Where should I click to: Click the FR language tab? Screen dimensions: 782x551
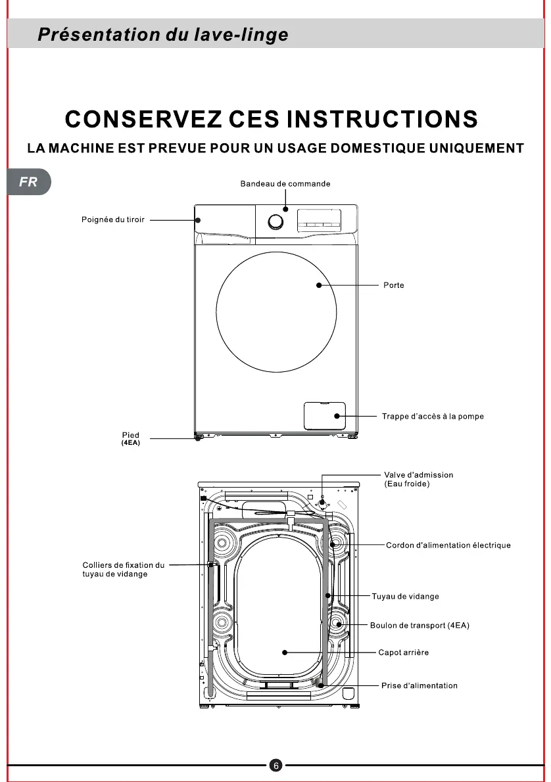point(28,182)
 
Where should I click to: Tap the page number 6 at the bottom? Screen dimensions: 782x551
point(276,766)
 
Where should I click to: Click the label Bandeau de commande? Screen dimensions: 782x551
point(285,184)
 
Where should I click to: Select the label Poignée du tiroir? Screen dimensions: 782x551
point(113,219)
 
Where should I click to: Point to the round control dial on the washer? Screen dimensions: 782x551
point(276,223)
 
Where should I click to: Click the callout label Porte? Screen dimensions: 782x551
point(394,285)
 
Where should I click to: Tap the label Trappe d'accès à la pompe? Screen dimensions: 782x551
point(433,417)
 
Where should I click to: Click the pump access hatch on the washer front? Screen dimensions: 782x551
point(324,415)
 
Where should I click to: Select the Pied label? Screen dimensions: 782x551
point(131,435)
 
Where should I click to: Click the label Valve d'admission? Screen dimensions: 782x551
point(418,475)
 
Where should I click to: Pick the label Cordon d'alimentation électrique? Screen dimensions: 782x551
point(448,545)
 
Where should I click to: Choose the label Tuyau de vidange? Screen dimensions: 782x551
point(405,597)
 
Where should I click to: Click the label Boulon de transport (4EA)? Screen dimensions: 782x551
point(419,626)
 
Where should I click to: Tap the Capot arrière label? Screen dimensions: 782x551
point(404,653)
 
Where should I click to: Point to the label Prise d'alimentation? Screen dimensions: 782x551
point(419,686)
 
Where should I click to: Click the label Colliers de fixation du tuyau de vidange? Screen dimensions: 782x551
point(123,570)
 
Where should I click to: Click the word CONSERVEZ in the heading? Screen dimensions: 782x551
point(142,120)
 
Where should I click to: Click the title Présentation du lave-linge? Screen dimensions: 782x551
point(162,34)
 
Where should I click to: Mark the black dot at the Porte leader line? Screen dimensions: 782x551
point(318,285)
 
